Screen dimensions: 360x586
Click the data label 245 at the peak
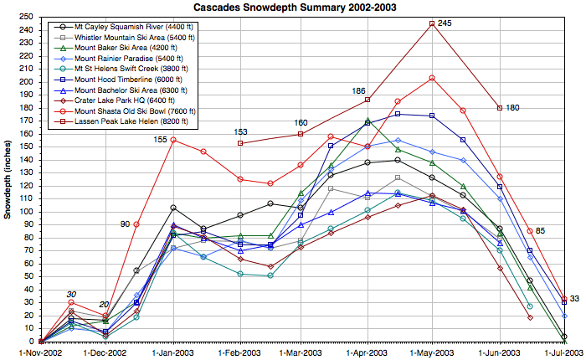pyautogui.click(x=445, y=23)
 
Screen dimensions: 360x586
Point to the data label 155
pyautogui.click(x=161, y=139)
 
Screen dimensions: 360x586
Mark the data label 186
pyautogui.click(x=358, y=90)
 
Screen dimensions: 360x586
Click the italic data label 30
pyautogui.click(x=72, y=293)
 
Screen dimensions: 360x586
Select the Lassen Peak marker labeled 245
pyautogui.click(x=432, y=23)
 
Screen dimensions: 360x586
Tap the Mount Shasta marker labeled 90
pyautogui.click(x=136, y=224)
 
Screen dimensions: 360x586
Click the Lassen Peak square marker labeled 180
pyautogui.click(x=500, y=108)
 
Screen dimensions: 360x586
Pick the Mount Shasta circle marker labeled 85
pyautogui.click(x=530, y=231)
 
